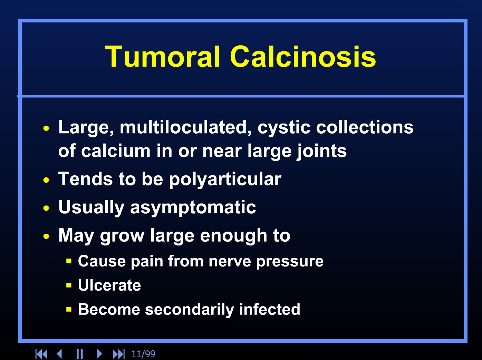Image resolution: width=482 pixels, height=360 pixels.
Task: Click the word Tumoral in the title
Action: tap(163, 57)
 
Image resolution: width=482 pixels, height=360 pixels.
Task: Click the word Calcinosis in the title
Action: tap(303, 56)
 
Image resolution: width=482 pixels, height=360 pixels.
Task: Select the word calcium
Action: tap(116, 151)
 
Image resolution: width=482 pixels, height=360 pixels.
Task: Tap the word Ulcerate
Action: tap(109, 285)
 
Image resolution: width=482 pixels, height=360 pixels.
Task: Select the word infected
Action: tap(269, 309)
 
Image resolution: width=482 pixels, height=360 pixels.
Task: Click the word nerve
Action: tap(230, 261)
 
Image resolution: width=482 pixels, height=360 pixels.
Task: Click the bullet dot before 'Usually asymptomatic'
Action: tap(46, 208)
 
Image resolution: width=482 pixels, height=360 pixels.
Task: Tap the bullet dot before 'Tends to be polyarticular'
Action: tap(46, 180)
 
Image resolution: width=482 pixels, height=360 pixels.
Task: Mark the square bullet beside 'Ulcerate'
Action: tap(69, 285)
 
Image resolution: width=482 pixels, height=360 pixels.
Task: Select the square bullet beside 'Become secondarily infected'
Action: tap(69, 309)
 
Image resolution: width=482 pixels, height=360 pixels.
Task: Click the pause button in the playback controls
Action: tap(79, 354)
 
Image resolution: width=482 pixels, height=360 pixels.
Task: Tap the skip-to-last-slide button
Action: tap(118, 354)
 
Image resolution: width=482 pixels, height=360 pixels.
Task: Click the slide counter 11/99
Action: tap(143, 354)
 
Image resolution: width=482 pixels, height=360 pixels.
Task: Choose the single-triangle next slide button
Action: tap(99, 354)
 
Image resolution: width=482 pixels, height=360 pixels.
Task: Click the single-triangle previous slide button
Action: tap(59, 354)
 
